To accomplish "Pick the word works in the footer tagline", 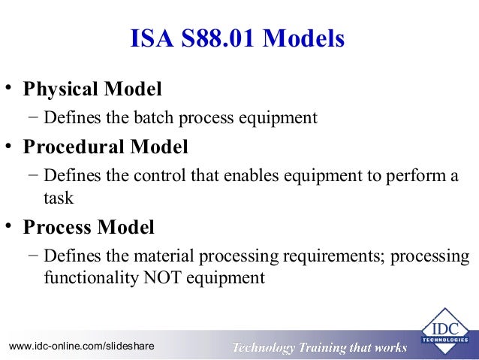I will click(390, 347).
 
